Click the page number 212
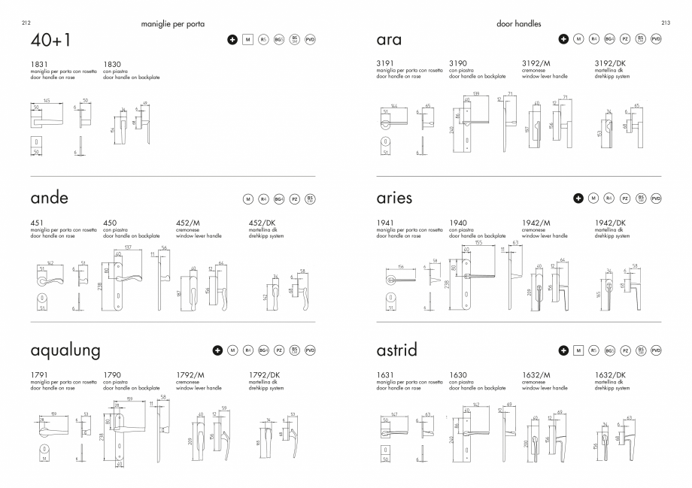point(26,24)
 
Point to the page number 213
point(666,24)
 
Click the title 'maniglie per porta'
point(172,24)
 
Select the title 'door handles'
point(519,24)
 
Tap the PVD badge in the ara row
point(655,38)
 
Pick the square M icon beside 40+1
point(247,38)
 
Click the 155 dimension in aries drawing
point(478,243)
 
